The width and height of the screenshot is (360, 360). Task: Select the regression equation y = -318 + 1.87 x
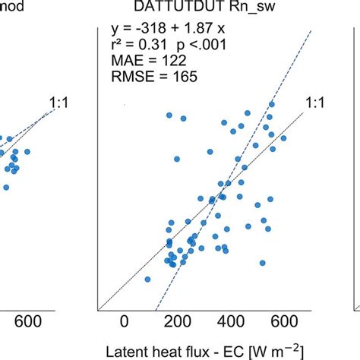[x=167, y=30]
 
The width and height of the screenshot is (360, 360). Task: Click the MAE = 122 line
[x=144, y=62]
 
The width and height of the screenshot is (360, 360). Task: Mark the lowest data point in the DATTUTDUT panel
[x=147, y=279]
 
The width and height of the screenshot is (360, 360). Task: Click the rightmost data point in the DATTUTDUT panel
[x=283, y=138]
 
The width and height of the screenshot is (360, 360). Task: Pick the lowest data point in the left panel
[x=7, y=187]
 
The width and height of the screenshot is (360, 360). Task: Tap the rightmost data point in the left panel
[x=27, y=152]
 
